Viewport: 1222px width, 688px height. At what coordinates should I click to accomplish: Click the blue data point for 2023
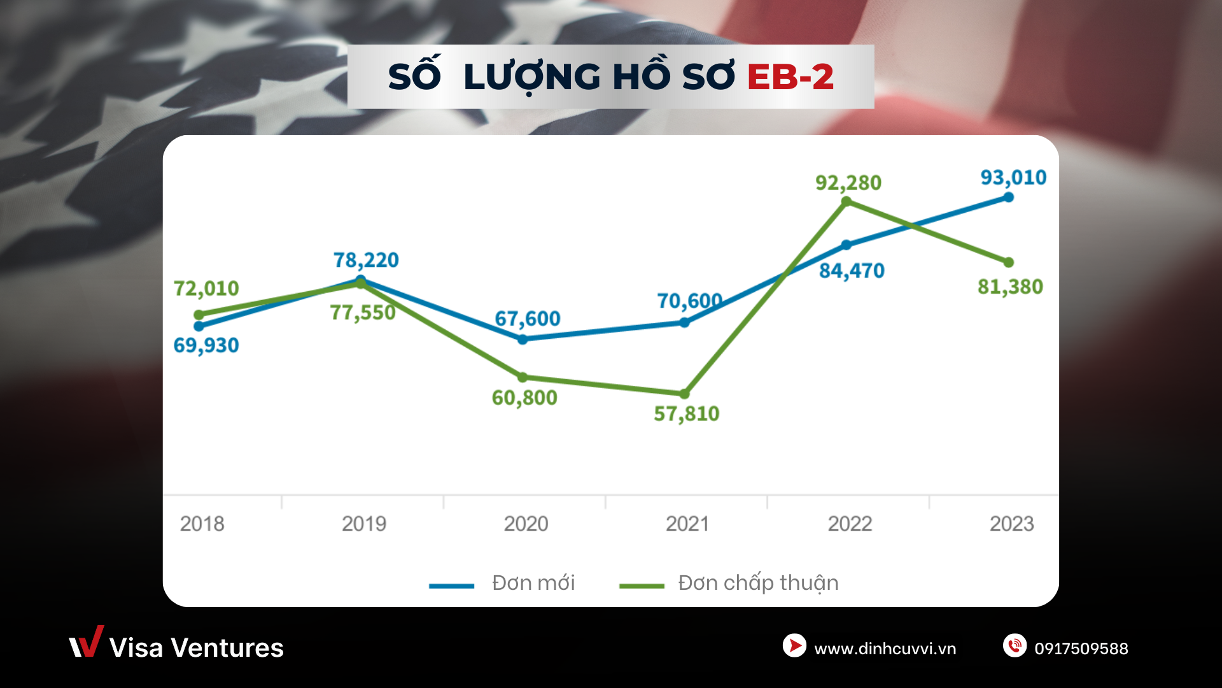pyautogui.click(x=1009, y=197)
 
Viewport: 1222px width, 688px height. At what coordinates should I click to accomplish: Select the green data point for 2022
pyautogui.click(x=846, y=202)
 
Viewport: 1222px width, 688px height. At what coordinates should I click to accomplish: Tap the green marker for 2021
pyautogui.click(x=685, y=394)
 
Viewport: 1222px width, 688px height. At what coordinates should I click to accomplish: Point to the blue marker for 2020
pyautogui.click(x=523, y=340)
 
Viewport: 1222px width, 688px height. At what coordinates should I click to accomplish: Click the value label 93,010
pyautogui.click(x=1013, y=177)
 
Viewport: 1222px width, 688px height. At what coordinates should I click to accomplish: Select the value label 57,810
pyautogui.click(x=687, y=414)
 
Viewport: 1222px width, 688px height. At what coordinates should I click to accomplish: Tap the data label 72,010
pyautogui.click(x=206, y=289)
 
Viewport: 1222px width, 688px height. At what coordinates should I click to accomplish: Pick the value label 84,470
pyautogui.click(x=852, y=271)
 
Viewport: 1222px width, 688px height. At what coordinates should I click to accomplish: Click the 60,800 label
pyautogui.click(x=524, y=398)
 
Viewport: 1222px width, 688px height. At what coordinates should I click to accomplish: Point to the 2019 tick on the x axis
pyautogui.click(x=364, y=524)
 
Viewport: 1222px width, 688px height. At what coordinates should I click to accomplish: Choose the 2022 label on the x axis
pyautogui.click(x=850, y=524)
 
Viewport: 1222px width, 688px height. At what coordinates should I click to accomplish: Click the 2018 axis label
pyautogui.click(x=202, y=524)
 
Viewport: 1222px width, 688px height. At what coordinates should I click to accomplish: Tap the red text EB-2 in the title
pyautogui.click(x=790, y=77)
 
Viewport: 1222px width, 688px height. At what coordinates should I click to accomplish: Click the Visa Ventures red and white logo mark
pyautogui.click(x=86, y=642)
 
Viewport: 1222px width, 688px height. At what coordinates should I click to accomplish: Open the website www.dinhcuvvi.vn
pyautogui.click(x=885, y=649)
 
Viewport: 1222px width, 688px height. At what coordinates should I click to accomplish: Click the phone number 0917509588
pyautogui.click(x=1081, y=649)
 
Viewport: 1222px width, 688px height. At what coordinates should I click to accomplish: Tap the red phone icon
pyautogui.click(x=1015, y=645)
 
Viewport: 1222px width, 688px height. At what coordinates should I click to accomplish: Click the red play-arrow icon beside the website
pyautogui.click(x=794, y=645)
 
